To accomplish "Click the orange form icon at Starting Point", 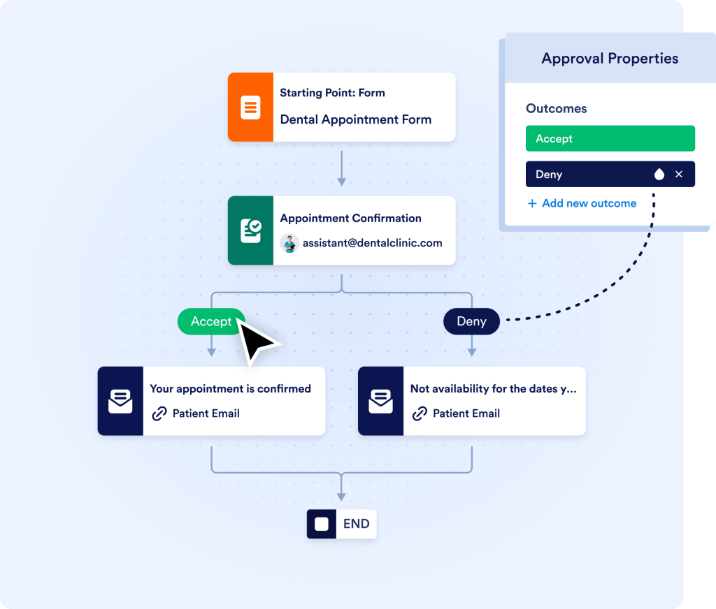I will click(250, 108).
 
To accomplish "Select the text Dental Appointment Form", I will click(355, 119).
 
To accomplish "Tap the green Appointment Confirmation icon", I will click(250, 230).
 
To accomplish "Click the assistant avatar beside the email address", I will click(289, 243).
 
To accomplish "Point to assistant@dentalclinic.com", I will click(372, 243).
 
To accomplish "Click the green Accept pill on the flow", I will click(210, 321).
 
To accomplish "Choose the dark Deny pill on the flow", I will click(471, 321).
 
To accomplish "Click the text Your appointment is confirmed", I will click(230, 389).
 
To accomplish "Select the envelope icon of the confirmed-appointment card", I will click(120, 402).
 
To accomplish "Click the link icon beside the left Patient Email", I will click(159, 413).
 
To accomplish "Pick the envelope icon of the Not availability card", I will click(380, 402).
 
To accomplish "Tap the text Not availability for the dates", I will click(493, 389).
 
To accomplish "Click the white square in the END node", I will click(322, 524).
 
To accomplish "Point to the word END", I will click(356, 524).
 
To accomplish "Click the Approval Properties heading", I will click(610, 59).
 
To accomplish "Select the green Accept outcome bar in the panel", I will click(610, 138).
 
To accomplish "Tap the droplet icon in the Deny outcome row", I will click(659, 175).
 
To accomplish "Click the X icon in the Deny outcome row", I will click(679, 175).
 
